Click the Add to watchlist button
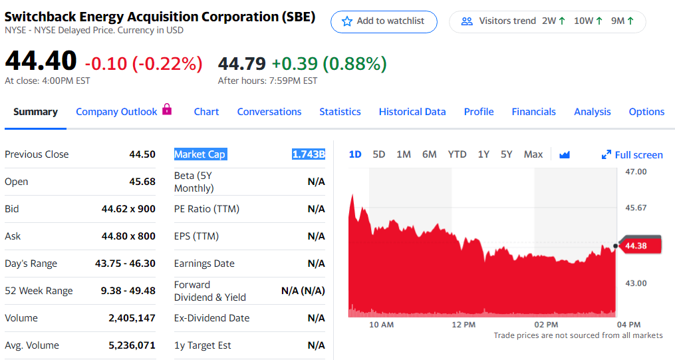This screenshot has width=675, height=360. point(384,21)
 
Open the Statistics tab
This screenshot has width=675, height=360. point(340,112)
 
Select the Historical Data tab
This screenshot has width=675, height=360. point(412,112)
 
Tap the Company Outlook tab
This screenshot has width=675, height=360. point(116,112)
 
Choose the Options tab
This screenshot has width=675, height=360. point(646,112)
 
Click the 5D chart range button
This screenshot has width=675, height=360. point(379,154)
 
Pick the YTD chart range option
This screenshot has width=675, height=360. point(457,154)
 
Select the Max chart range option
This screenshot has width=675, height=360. point(533,154)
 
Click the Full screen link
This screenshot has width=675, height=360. point(632,155)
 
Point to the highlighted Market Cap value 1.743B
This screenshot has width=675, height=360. point(309,154)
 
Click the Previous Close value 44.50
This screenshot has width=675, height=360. point(142,154)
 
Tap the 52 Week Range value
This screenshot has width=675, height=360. point(128,291)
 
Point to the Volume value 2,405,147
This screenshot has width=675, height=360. point(132,318)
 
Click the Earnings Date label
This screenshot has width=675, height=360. point(204,264)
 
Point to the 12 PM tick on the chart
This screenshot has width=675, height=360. point(464,325)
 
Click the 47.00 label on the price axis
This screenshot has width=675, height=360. point(636,172)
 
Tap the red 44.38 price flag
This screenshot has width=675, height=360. point(639,246)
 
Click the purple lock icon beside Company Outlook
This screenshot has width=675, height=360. point(167,109)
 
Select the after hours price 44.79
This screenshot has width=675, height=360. point(242,64)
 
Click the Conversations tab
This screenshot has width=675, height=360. point(269,112)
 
